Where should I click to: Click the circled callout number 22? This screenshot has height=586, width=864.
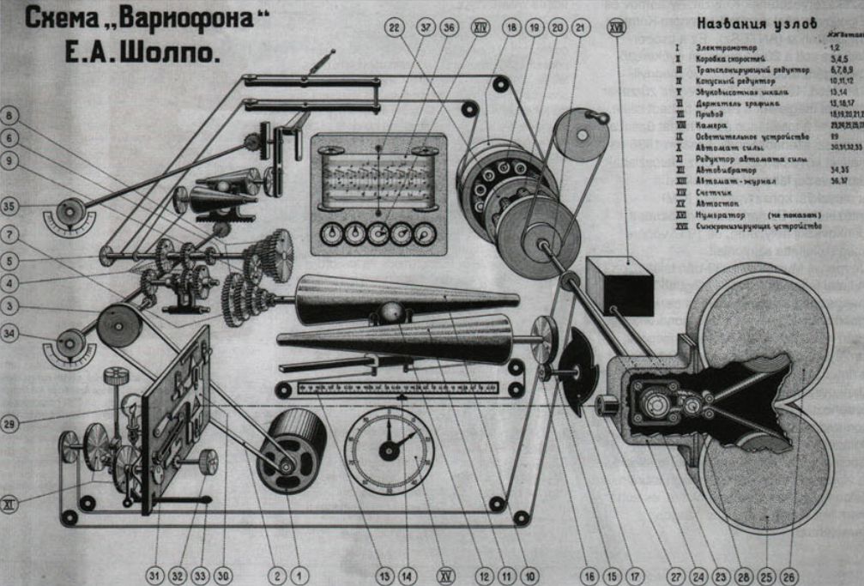396,28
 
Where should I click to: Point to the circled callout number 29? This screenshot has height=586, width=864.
9,422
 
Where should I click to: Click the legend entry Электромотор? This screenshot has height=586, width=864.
721,49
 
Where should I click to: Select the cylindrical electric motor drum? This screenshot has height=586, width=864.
292,450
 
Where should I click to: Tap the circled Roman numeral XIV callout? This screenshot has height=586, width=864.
481,28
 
